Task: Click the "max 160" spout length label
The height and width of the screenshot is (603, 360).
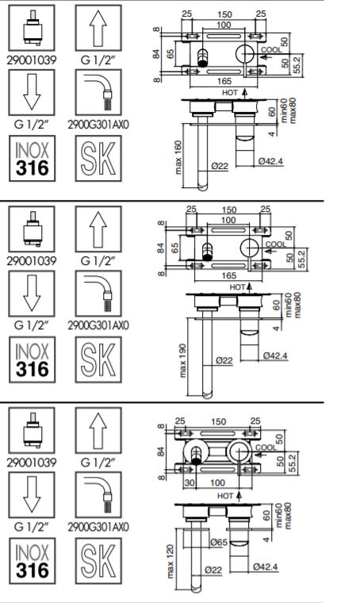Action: [178, 157]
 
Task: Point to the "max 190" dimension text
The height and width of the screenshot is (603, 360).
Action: [183, 360]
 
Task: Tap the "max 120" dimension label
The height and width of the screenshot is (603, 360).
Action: [170, 561]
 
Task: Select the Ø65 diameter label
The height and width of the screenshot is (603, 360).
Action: [219, 542]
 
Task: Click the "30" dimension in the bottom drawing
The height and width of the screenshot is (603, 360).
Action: [190, 482]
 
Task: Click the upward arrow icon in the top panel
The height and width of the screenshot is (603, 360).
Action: [98, 28]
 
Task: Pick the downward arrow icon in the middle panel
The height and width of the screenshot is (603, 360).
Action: [32, 294]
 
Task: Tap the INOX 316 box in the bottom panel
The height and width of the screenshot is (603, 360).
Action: [33, 561]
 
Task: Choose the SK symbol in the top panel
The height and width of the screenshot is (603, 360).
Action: [98, 158]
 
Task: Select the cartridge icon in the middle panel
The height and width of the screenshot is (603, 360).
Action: [32, 229]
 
